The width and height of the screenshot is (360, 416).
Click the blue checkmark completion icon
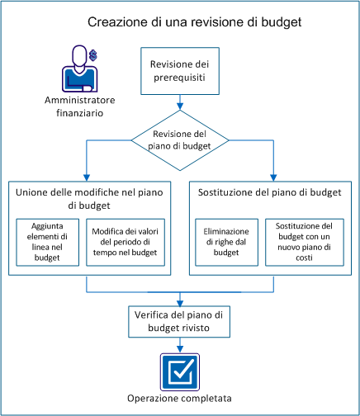(x=179, y=371)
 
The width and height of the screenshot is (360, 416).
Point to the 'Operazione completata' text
(x=179, y=400)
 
